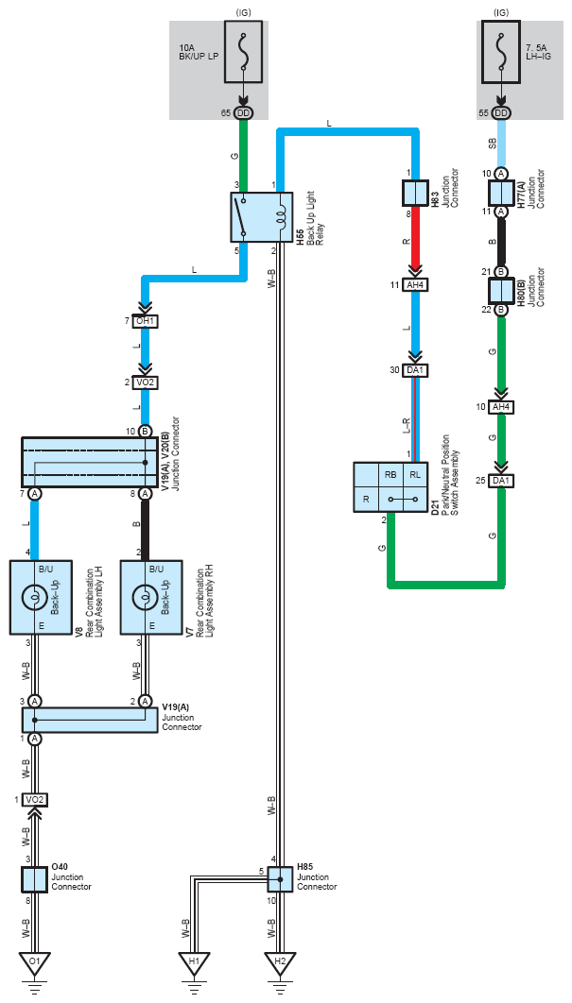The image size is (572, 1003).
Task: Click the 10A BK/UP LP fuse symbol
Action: pyautogui.click(x=243, y=51)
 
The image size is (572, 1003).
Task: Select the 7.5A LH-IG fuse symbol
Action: pyautogui.click(x=501, y=51)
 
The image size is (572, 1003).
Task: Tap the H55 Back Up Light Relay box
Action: pyautogui.click(x=261, y=217)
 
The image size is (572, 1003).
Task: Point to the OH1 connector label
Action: pyautogui.click(x=145, y=321)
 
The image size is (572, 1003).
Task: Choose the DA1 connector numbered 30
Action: pyautogui.click(x=416, y=371)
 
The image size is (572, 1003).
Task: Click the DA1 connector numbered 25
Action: pyautogui.click(x=501, y=481)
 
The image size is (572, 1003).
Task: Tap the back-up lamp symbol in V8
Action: pyautogui.click(x=33, y=598)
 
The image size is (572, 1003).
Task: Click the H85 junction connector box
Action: pyautogui.click(x=280, y=879)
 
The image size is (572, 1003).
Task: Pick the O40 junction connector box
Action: pyautogui.click(x=34, y=879)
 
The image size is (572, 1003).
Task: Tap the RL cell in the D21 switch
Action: pyautogui.click(x=415, y=475)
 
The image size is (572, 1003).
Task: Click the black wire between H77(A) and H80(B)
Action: pyautogui.click(x=501, y=243)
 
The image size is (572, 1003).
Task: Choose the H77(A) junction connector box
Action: pyautogui.click(x=501, y=193)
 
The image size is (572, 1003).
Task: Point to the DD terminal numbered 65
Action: pyautogui.click(x=243, y=113)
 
